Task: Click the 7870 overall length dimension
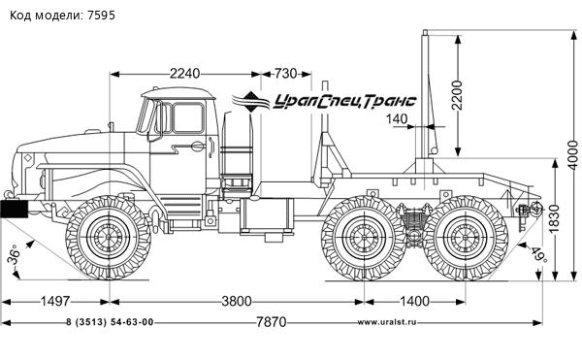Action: [x=272, y=322]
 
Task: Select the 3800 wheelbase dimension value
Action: [x=237, y=301]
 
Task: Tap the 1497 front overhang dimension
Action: [x=55, y=301]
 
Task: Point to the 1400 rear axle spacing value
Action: [x=414, y=301]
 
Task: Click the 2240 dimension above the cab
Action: [x=185, y=74]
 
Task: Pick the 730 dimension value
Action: [x=286, y=74]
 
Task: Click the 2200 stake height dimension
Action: [x=457, y=95]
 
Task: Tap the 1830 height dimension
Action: [x=554, y=218]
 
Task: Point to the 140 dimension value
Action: [x=397, y=119]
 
